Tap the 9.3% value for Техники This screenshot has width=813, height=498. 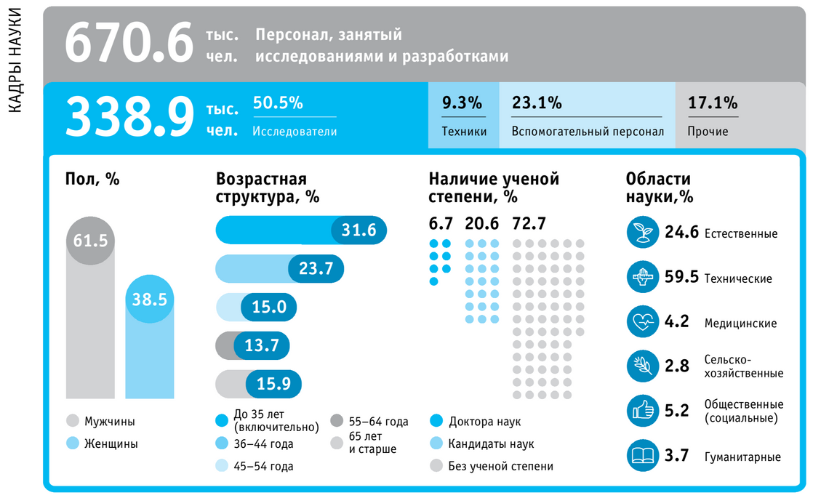pyautogui.click(x=462, y=103)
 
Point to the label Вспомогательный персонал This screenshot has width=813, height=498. pyautogui.click(x=588, y=132)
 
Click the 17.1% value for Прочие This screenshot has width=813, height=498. pyautogui.click(x=713, y=103)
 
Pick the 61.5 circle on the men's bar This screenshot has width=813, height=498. pyautogui.click(x=90, y=240)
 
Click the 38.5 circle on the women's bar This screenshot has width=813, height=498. pyautogui.click(x=150, y=299)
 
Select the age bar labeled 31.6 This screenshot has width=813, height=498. pyautogui.click(x=301, y=230)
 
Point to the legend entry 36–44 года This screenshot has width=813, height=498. pyautogui.click(x=263, y=443)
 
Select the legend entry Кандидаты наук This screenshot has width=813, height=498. pyautogui.click(x=491, y=443)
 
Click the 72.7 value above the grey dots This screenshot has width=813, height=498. pyautogui.click(x=529, y=223)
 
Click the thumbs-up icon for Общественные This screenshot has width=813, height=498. pyautogui.click(x=642, y=411)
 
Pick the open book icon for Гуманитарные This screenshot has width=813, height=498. pyautogui.click(x=642, y=457)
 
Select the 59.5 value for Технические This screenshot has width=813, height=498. pyautogui.click(x=681, y=278)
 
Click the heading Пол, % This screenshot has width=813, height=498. pyautogui.click(x=92, y=179)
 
